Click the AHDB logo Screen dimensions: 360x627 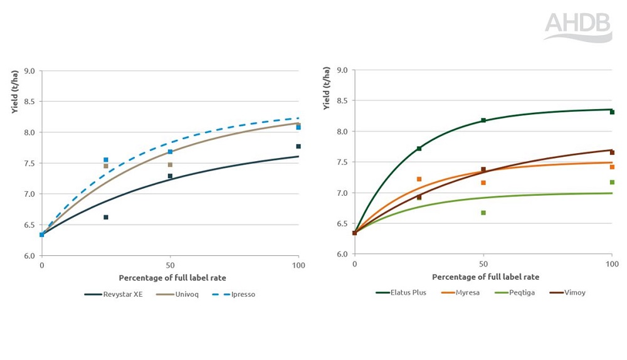(x=577, y=27)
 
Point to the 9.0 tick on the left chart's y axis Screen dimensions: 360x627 (x=29, y=71)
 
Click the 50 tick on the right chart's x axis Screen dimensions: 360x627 (x=483, y=264)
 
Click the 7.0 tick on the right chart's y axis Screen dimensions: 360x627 (x=341, y=193)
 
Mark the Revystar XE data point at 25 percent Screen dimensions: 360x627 (x=106, y=217)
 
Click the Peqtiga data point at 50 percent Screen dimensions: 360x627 (x=483, y=213)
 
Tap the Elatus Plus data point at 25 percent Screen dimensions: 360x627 (x=419, y=149)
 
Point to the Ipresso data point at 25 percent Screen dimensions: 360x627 (x=106, y=160)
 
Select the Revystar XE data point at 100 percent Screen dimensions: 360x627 (x=298, y=146)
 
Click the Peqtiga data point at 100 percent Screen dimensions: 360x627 (x=612, y=182)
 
